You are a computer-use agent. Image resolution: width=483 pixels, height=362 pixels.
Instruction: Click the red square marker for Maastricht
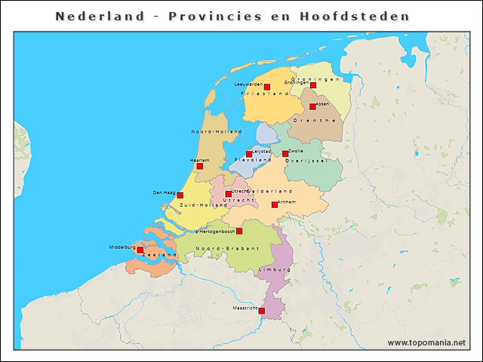coord(262,310)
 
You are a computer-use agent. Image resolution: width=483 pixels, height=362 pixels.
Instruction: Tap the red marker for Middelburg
coord(140,250)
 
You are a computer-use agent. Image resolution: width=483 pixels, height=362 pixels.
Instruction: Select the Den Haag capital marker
coord(180,195)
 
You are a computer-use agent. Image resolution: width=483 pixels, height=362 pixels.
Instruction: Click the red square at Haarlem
coord(199,166)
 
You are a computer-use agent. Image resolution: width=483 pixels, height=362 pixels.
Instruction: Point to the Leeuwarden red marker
coord(266,87)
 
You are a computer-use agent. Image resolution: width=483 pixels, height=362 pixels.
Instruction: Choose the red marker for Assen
coord(312,106)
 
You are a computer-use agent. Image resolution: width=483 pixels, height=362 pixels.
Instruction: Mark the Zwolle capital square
coord(285,154)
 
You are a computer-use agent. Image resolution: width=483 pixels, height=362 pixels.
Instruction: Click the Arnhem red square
coord(275,204)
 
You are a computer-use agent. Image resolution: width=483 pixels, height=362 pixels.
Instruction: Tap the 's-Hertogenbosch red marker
coord(239,232)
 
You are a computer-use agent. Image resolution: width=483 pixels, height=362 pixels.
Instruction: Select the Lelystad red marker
coord(249,154)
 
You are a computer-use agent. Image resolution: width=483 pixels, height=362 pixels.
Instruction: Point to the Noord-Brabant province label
coord(227,248)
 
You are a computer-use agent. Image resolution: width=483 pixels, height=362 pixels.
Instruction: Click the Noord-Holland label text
coord(216,132)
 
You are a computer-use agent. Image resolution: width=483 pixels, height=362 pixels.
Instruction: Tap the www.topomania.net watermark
coord(426,343)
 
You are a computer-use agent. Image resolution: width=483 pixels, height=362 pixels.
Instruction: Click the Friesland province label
coord(266,94)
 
